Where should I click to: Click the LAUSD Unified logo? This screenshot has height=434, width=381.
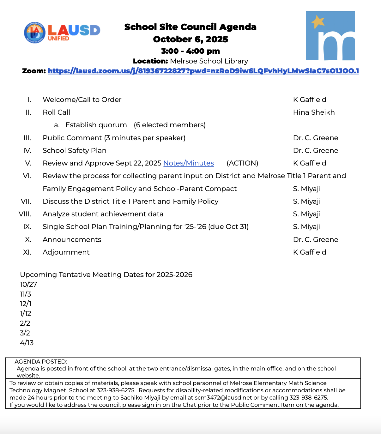pos(62,32)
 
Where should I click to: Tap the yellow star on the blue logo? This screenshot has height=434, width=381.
pos(318,22)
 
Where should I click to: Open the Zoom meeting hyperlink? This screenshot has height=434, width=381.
pos(203,71)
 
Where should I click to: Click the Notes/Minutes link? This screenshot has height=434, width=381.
pos(189,163)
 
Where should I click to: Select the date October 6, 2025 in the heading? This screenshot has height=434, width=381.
pos(190,39)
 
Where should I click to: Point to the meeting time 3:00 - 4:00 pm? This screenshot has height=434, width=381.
pos(190,51)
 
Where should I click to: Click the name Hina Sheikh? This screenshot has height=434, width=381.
pos(314,112)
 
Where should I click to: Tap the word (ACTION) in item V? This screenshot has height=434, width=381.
pos(242,163)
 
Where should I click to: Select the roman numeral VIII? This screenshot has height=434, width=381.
pos(25,214)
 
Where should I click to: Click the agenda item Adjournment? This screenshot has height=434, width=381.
pos(66,252)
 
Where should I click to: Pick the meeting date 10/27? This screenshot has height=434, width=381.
pos(28,284)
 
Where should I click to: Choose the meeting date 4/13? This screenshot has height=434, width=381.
pos(27,343)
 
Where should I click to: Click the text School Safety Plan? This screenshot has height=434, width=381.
pos(75,151)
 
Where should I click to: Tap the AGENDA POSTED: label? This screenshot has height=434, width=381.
pos(41,362)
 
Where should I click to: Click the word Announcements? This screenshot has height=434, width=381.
pos(72,240)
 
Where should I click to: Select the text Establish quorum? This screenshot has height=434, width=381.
pos(96,125)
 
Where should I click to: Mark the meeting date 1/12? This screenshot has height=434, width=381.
pos(26,313)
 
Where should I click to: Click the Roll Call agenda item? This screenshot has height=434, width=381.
pos(57,112)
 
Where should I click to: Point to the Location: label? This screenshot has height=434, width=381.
pos(150,61)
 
